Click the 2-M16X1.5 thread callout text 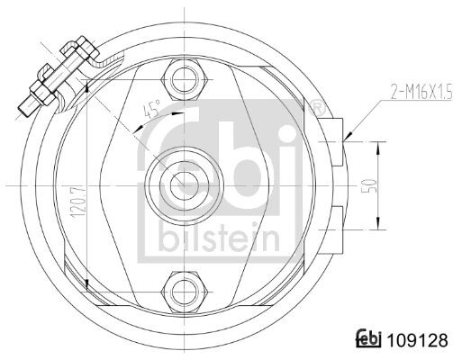(421, 92)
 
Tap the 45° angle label (152, 109)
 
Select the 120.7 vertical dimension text (77, 202)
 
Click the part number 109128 (417, 340)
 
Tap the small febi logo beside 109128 (368, 339)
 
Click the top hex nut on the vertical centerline (185, 80)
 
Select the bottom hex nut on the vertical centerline (185, 292)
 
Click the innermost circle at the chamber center (184, 185)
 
